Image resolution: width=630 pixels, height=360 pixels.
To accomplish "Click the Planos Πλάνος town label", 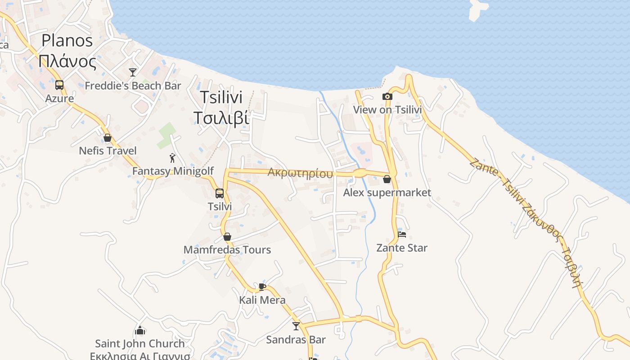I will click(x=67, y=51).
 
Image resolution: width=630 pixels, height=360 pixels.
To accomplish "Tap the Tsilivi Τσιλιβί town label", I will click(x=221, y=107).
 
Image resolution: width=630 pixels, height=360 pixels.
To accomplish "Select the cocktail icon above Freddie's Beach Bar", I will click(x=132, y=72).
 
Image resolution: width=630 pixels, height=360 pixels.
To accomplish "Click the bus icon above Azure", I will click(x=59, y=85).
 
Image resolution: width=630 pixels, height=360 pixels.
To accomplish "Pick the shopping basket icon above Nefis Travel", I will click(x=107, y=137).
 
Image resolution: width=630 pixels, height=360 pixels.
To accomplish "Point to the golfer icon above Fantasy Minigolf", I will click(x=172, y=158).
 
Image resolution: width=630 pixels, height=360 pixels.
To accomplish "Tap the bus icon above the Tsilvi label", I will click(x=220, y=193).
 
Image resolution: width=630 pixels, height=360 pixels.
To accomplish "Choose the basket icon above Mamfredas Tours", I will click(x=227, y=237).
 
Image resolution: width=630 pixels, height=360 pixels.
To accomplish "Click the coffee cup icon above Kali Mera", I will click(x=262, y=287).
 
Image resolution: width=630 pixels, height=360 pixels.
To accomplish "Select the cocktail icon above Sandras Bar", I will click(x=296, y=326).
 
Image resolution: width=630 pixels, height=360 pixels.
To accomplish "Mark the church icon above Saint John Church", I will click(x=140, y=330).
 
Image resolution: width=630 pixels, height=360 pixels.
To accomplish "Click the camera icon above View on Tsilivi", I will click(x=387, y=96).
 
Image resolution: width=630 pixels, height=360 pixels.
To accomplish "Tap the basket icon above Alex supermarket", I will click(x=387, y=180).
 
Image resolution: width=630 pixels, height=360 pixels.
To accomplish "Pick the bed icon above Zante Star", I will click(x=402, y=234).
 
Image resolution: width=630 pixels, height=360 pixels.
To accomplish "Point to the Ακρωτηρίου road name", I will click(x=301, y=173).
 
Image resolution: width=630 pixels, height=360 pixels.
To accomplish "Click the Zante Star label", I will click(x=402, y=248).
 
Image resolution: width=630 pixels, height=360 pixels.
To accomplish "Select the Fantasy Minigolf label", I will click(x=173, y=171).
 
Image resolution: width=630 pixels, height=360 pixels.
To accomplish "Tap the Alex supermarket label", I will click(x=387, y=193).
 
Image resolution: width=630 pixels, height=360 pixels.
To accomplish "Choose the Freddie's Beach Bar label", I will click(x=133, y=85).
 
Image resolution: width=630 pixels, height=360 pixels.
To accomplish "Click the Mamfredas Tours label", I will click(x=227, y=250).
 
